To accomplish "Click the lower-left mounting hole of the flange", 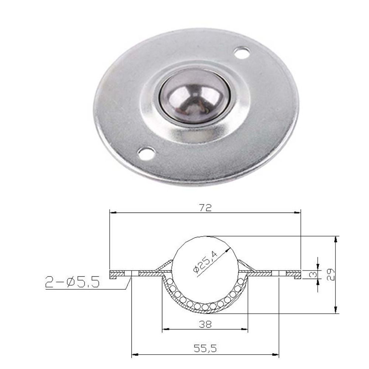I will tap(145, 153).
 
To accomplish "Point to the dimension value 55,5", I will tap(206, 348).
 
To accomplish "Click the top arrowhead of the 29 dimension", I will tap(335, 239).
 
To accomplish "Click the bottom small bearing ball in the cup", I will tap(205, 307).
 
